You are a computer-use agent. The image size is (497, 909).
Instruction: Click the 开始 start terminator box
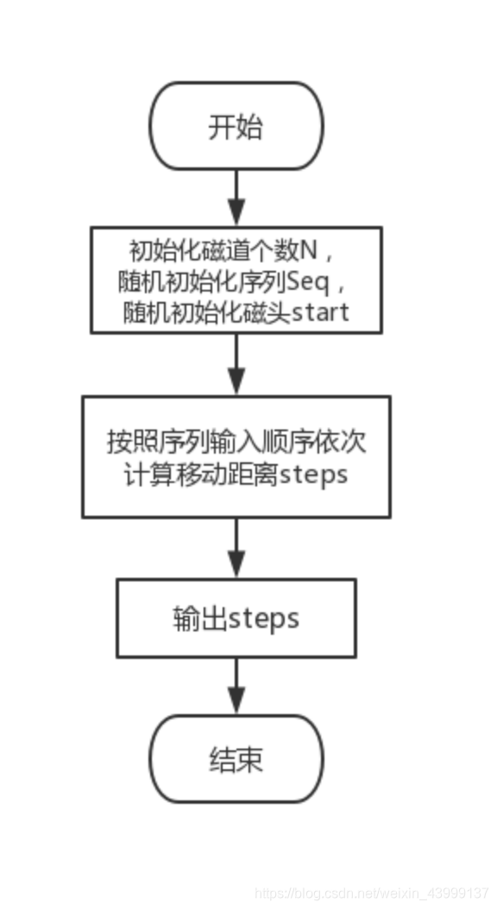tap(236, 127)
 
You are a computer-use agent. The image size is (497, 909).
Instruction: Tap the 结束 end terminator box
tap(236, 759)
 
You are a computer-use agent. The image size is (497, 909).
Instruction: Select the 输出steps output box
tap(236, 618)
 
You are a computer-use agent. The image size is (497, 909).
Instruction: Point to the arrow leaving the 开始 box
tap(236, 197)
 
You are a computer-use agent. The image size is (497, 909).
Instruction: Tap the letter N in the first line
tap(308, 252)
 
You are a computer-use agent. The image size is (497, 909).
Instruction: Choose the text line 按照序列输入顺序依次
tap(236, 442)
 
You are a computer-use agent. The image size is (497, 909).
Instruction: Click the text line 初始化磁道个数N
tap(225, 252)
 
